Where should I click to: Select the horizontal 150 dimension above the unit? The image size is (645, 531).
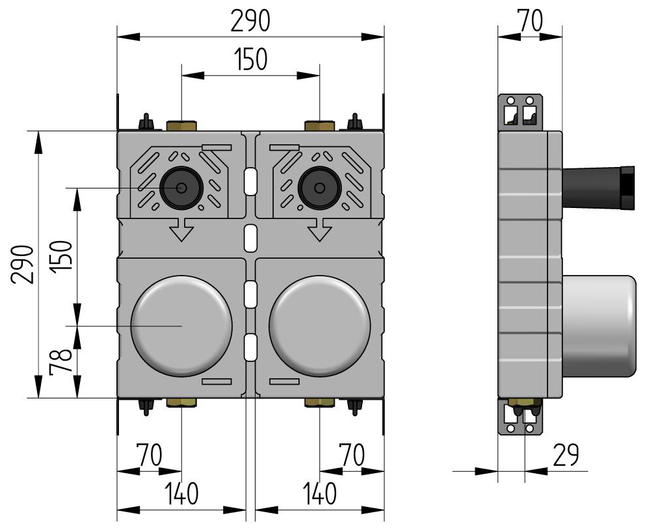click(250, 60)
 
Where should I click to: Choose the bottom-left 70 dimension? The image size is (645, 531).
click(149, 455)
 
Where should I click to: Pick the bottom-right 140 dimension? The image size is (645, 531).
click(318, 495)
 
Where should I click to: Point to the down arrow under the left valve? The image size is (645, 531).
click(181, 229)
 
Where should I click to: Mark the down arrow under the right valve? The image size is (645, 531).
click(319, 229)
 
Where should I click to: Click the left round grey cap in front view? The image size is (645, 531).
click(181, 326)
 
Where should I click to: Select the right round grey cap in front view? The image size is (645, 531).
click(319, 326)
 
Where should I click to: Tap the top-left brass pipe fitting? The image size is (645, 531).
click(181, 125)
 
